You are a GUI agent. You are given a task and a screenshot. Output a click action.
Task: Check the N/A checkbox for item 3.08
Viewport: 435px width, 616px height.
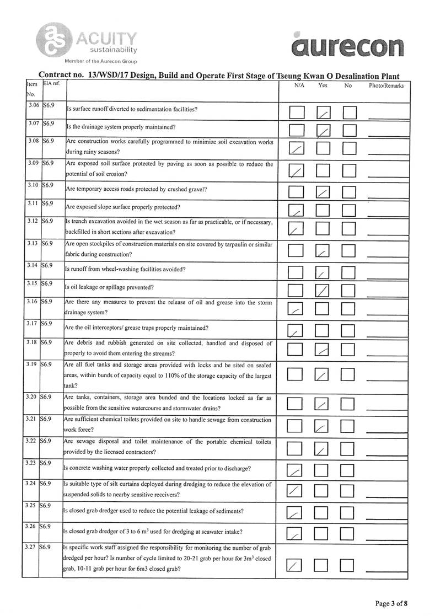(x=297, y=148)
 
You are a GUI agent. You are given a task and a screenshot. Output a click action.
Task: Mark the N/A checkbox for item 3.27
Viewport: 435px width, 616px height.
(x=297, y=566)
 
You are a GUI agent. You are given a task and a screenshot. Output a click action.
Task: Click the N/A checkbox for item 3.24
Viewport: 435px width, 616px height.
(x=297, y=490)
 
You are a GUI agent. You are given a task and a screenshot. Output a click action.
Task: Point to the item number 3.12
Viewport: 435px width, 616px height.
(x=30, y=221)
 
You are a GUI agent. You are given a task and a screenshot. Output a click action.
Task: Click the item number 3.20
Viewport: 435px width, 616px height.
(x=30, y=397)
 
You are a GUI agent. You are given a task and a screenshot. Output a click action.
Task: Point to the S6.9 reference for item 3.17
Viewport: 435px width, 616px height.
(x=46, y=323)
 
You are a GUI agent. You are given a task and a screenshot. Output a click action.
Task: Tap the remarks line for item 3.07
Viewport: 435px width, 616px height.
(x=386, y=135)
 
